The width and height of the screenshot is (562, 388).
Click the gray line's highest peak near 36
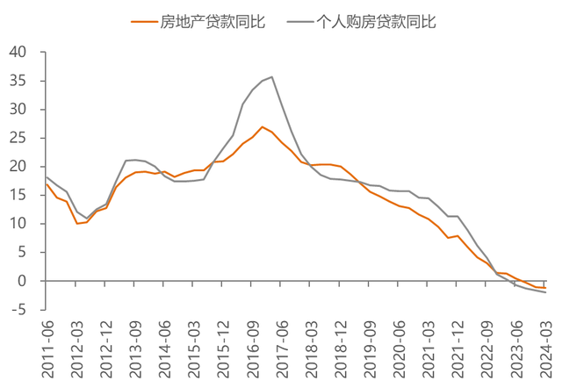tap(272, 76)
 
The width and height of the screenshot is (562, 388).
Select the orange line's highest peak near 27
tap(263, 126)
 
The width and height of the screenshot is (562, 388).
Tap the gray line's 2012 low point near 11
tap(86, 219)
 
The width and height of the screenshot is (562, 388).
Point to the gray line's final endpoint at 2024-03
tap(546, 292)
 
